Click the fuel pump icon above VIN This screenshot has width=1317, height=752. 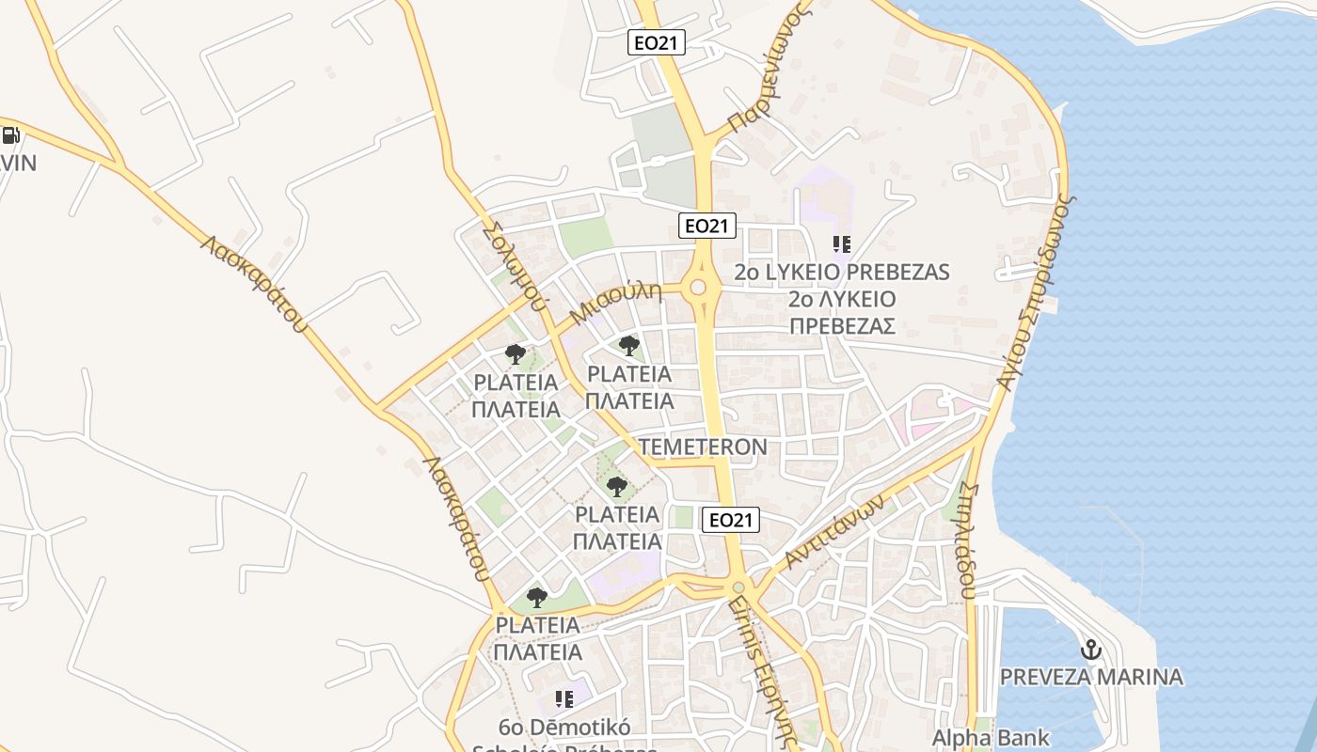tap(10, 135)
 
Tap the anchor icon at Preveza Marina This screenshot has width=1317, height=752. tap(1091, 650)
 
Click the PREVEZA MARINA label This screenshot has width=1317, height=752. tap(1091, 677)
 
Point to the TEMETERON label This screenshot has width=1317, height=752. tap(703, 446)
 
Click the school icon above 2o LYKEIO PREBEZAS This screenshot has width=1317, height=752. tap(842, 245)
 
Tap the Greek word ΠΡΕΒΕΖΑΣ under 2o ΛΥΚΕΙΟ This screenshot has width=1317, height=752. tap(841, 326)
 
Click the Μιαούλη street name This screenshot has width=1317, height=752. tap(617, 304)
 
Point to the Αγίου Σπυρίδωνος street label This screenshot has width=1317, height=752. tap(1035, 291)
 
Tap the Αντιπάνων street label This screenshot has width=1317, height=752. tap(835, 532)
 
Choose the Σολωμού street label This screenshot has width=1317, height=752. tap(513, 266)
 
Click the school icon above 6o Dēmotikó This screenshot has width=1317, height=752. tap(564, 698)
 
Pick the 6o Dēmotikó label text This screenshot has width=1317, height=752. tap(564, 728)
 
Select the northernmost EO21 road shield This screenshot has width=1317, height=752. tap(657, 41)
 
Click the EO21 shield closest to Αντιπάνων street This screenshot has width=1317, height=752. tap(730, 519)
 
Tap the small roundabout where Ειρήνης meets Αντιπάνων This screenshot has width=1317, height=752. tap(739, 587)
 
